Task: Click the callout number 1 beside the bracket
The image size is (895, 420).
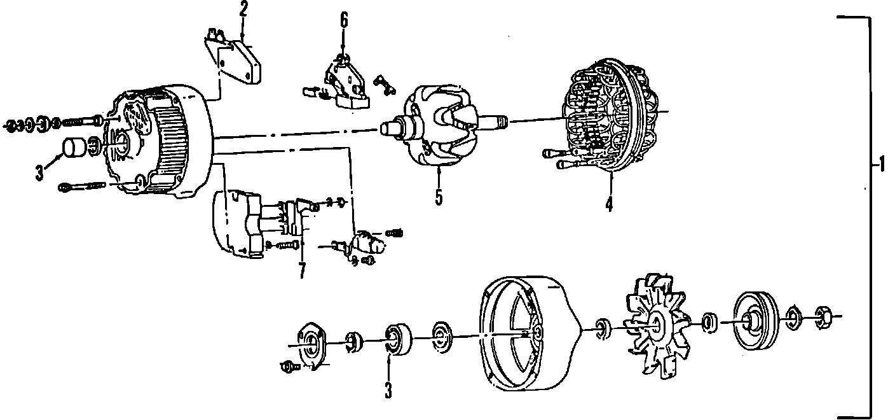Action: [880, 165]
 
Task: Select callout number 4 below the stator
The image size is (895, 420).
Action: [609, 204]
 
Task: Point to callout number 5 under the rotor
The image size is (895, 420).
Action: [439, 197]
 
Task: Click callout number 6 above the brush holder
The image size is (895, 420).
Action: [344, 20]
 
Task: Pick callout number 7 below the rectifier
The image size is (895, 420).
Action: [301, 270]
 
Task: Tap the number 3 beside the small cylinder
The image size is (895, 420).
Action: [40, 172]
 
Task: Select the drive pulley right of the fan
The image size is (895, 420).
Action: [754, 321]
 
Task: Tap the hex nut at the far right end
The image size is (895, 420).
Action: [821, 316]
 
